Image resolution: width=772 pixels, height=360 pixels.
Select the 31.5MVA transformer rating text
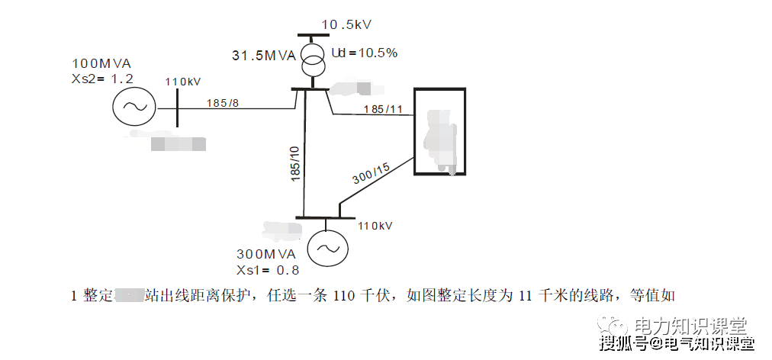coord(264,55)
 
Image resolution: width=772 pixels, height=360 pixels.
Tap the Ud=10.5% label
coord(364,53)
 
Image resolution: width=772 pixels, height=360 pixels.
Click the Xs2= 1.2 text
coord(101,78)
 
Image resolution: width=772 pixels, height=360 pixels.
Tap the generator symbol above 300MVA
coord(327,248)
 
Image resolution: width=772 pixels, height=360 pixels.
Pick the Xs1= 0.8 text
coord(268,270)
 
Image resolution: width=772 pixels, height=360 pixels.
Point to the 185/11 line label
coord(383,109)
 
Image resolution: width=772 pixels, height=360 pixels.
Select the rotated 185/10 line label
coord(295,162)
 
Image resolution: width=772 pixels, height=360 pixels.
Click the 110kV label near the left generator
coord(183,82)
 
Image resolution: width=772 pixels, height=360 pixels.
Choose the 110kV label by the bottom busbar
coord(375,226)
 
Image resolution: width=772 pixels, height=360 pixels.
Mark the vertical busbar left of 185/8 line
coord(177,108)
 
